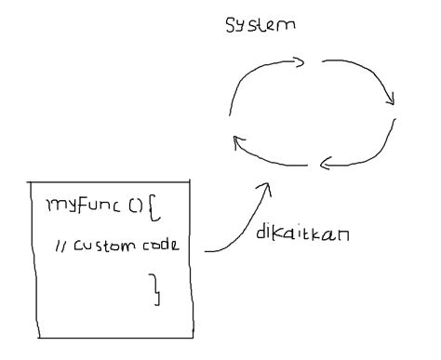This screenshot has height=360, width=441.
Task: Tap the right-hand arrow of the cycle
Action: tap(381, 80)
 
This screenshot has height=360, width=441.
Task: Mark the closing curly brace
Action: tap(157, 290)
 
